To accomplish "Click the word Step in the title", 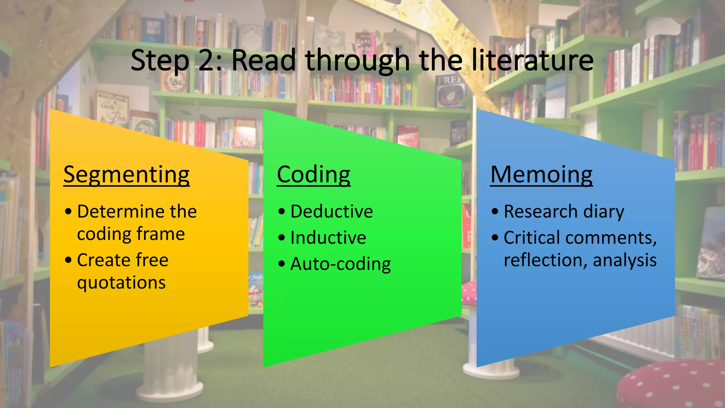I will [x=160, y=61].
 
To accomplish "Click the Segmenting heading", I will [x=126, y=175].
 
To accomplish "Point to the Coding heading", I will [x=313, y=175].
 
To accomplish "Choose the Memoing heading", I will [x=541, y=175].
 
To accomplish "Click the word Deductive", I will [x=331, y=212].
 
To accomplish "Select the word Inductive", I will [x=328, y=238].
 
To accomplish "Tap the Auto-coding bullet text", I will [x=340, y=264].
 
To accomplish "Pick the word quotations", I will [x=121, y=283].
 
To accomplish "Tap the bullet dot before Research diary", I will [x=495, y=212].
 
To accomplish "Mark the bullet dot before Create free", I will [x=68, y=260].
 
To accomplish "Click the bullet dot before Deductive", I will [x=281, y=212].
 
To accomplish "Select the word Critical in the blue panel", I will [x=532, y=238].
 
